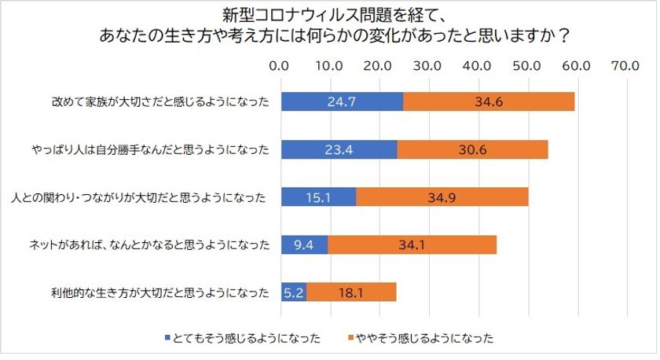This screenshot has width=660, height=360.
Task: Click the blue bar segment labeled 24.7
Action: [343, 101]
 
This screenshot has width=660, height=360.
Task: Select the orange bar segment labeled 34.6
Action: [489, 101]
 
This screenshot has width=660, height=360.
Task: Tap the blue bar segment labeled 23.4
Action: [339, 149]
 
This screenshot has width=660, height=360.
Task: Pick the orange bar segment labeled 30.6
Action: [473, 149]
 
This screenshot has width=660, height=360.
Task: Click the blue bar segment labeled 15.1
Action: [319, 197]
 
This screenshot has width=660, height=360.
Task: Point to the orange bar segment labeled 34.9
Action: [442, 197]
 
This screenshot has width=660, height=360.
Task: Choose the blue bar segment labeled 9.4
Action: [305, 244]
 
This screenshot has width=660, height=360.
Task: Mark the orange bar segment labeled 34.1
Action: [412, 244]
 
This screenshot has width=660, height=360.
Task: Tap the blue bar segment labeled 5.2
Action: [294, 292]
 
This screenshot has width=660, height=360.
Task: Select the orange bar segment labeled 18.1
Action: [351, 292]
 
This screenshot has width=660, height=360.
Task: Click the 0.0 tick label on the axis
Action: [279, 66]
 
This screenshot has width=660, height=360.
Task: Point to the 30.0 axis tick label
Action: [427, 66]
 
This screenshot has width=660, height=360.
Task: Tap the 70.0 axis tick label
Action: [625, 66]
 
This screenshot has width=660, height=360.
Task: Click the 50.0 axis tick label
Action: [526, 66]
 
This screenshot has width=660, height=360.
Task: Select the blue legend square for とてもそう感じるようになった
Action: [167, 338]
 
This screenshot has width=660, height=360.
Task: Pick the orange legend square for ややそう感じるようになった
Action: [350, 338]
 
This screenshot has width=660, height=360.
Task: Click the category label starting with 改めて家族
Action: [160, 102]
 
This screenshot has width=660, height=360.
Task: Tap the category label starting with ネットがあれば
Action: [149, 245]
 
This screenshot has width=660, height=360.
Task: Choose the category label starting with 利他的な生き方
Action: [160, 292]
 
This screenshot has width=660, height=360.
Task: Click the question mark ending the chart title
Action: [564, 36]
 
